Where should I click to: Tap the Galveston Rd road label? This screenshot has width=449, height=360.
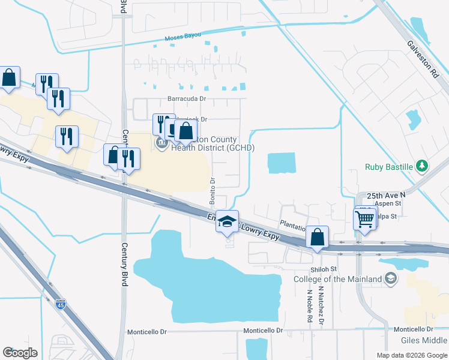pyautogui.click(x=423, y=58)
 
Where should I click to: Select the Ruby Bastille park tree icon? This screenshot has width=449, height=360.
pyautogui.click(x=422, y=166)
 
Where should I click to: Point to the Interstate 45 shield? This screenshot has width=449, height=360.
pyautogui.click(x=60, y=305)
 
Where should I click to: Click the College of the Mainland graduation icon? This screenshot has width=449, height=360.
pyautogui.click(x=391, y=278)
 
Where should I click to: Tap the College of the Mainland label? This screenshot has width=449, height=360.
pyautogui.click(x=337, y=279)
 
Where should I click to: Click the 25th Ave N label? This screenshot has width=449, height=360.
pyautogui.click(x=386, y=196)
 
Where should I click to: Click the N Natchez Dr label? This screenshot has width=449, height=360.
pyautogui.click(x=322, y=307)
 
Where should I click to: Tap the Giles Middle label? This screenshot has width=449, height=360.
pyautogui.click(x=423, y=340)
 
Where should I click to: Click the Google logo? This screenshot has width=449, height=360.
pyautogui.click(x=20, y=353)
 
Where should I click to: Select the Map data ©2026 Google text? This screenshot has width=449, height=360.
pyautogui.click(x=411, y=355)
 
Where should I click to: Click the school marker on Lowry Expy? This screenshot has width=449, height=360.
pyautogui.click(x=228, y=222)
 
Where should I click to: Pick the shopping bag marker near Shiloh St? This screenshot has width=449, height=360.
pyautogui.click(x=318, y=237)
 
